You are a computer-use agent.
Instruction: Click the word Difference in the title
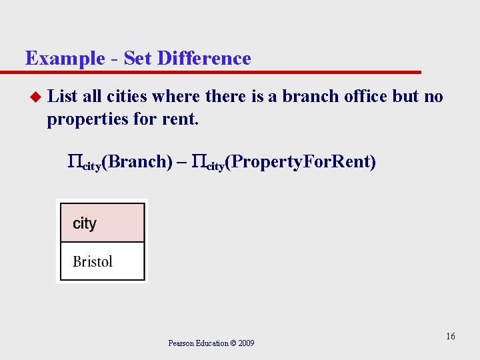point(204,59)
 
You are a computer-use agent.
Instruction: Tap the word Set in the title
point(137,59)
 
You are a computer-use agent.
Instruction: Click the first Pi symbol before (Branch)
point(74,161)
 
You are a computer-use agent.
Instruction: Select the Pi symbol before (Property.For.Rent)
point(198,161)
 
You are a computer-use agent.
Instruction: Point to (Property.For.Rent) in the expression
point(301,161)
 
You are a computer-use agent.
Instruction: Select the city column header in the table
point(85,223)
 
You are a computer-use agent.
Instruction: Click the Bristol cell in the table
point(93,261)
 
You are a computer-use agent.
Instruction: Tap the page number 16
point(451,336)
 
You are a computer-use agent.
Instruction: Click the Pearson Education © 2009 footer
point(211,343)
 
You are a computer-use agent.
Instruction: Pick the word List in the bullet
point(63,97)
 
